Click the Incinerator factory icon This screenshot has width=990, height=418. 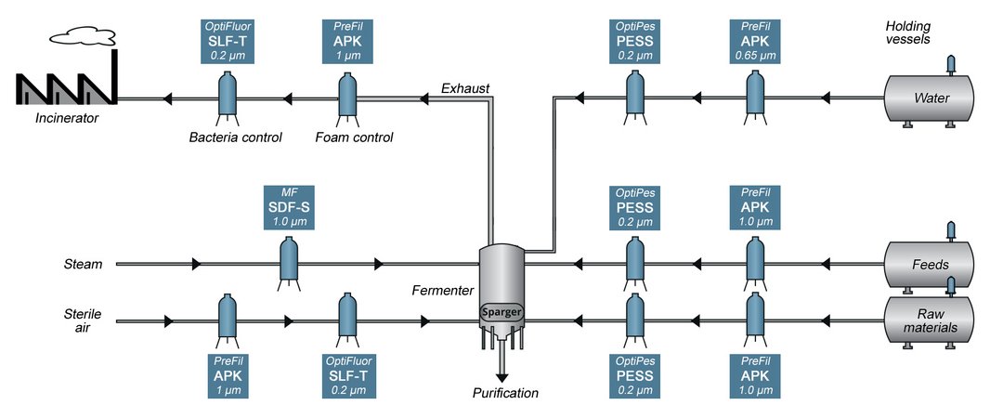[x=65, y=85]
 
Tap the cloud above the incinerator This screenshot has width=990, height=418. [x=82, y=35]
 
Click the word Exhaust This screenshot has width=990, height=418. [x=465, y=89]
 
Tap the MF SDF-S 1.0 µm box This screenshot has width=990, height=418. [x=289, y=210]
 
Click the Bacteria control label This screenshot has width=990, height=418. [x=227, y=137]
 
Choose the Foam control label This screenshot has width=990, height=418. [x=354, y=137]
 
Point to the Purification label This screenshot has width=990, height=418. [x=504, y=393]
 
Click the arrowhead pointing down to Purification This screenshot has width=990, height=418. [x=502, y=374]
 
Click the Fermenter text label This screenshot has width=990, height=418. [x=443, y=291]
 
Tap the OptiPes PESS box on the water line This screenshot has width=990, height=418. [x=635, y=42]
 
